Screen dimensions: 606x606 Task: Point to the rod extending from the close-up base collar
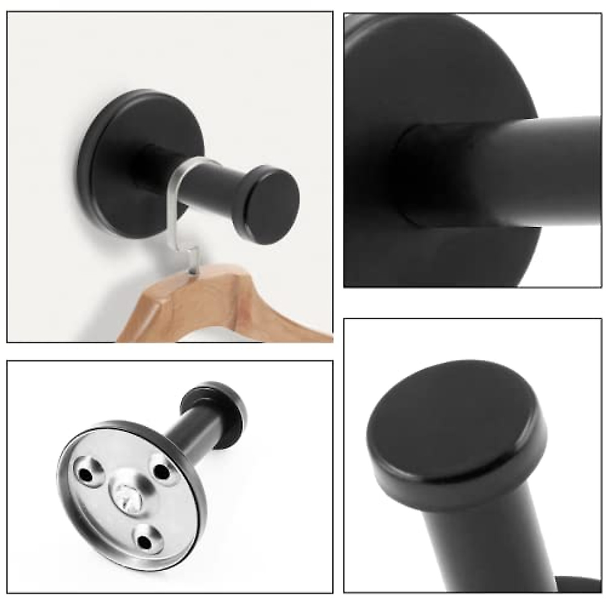click(530, 172)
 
